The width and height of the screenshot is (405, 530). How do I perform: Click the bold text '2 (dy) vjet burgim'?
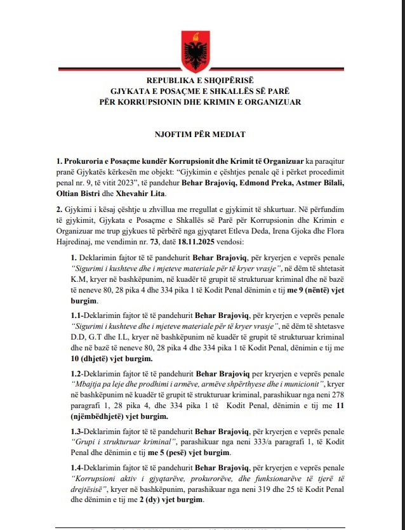click(x=166, y=500)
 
